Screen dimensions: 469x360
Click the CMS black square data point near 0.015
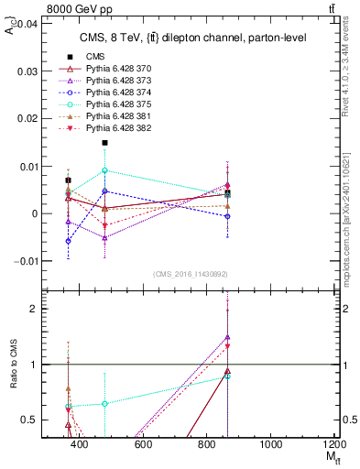pos(105,143)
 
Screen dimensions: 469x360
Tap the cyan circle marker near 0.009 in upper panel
pos(105,170)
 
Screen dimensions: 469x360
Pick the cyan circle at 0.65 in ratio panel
pos(105,403)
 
